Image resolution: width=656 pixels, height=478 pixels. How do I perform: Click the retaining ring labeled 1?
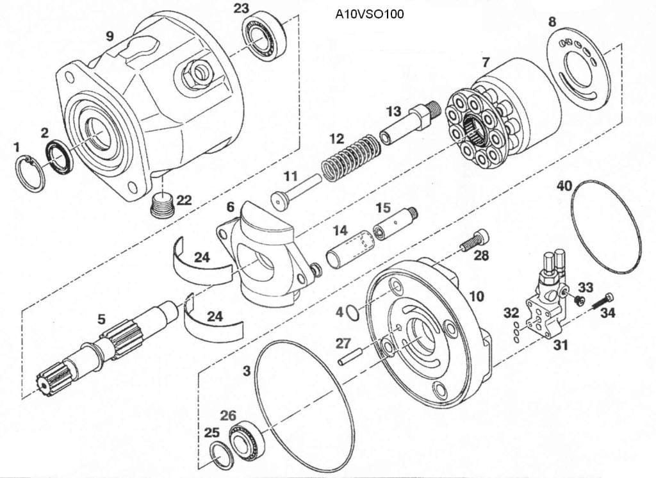tap(29, 172)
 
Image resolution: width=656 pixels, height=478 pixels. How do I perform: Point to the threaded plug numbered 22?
tap(162, 206)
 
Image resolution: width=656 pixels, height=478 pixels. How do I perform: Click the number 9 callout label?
tap(110, 36)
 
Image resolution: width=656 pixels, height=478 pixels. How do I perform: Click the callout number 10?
tap(476, 296)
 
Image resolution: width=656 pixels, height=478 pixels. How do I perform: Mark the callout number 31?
tap(561, 345)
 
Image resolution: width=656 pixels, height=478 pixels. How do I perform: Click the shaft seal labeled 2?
tap(58, 157)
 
